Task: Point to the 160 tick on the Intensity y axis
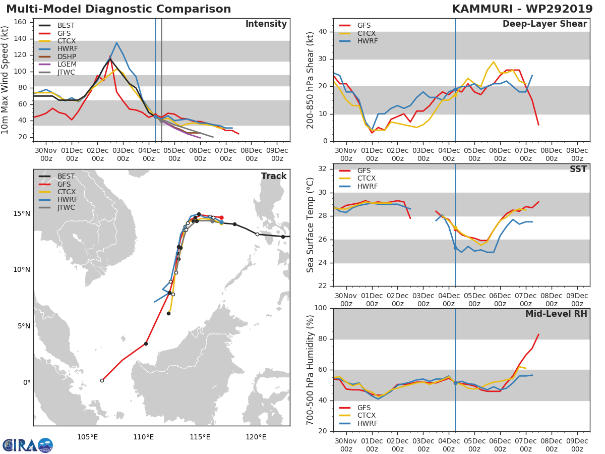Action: click(20, 22)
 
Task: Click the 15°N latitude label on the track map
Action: click(22, 213)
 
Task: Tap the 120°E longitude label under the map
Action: click(256, 437)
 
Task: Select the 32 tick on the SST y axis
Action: click(323, 168)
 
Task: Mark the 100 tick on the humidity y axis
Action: click(321, 308)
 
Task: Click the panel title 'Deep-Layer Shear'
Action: click(544, 24)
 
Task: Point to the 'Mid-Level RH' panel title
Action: click(556, 314)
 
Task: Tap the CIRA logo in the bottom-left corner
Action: click(28, 445)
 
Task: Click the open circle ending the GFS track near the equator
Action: click(102, 381)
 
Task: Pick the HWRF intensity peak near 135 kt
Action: click(116, 43)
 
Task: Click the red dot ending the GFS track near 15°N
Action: click(221, 217)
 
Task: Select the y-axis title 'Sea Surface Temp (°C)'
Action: click(310, 225)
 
